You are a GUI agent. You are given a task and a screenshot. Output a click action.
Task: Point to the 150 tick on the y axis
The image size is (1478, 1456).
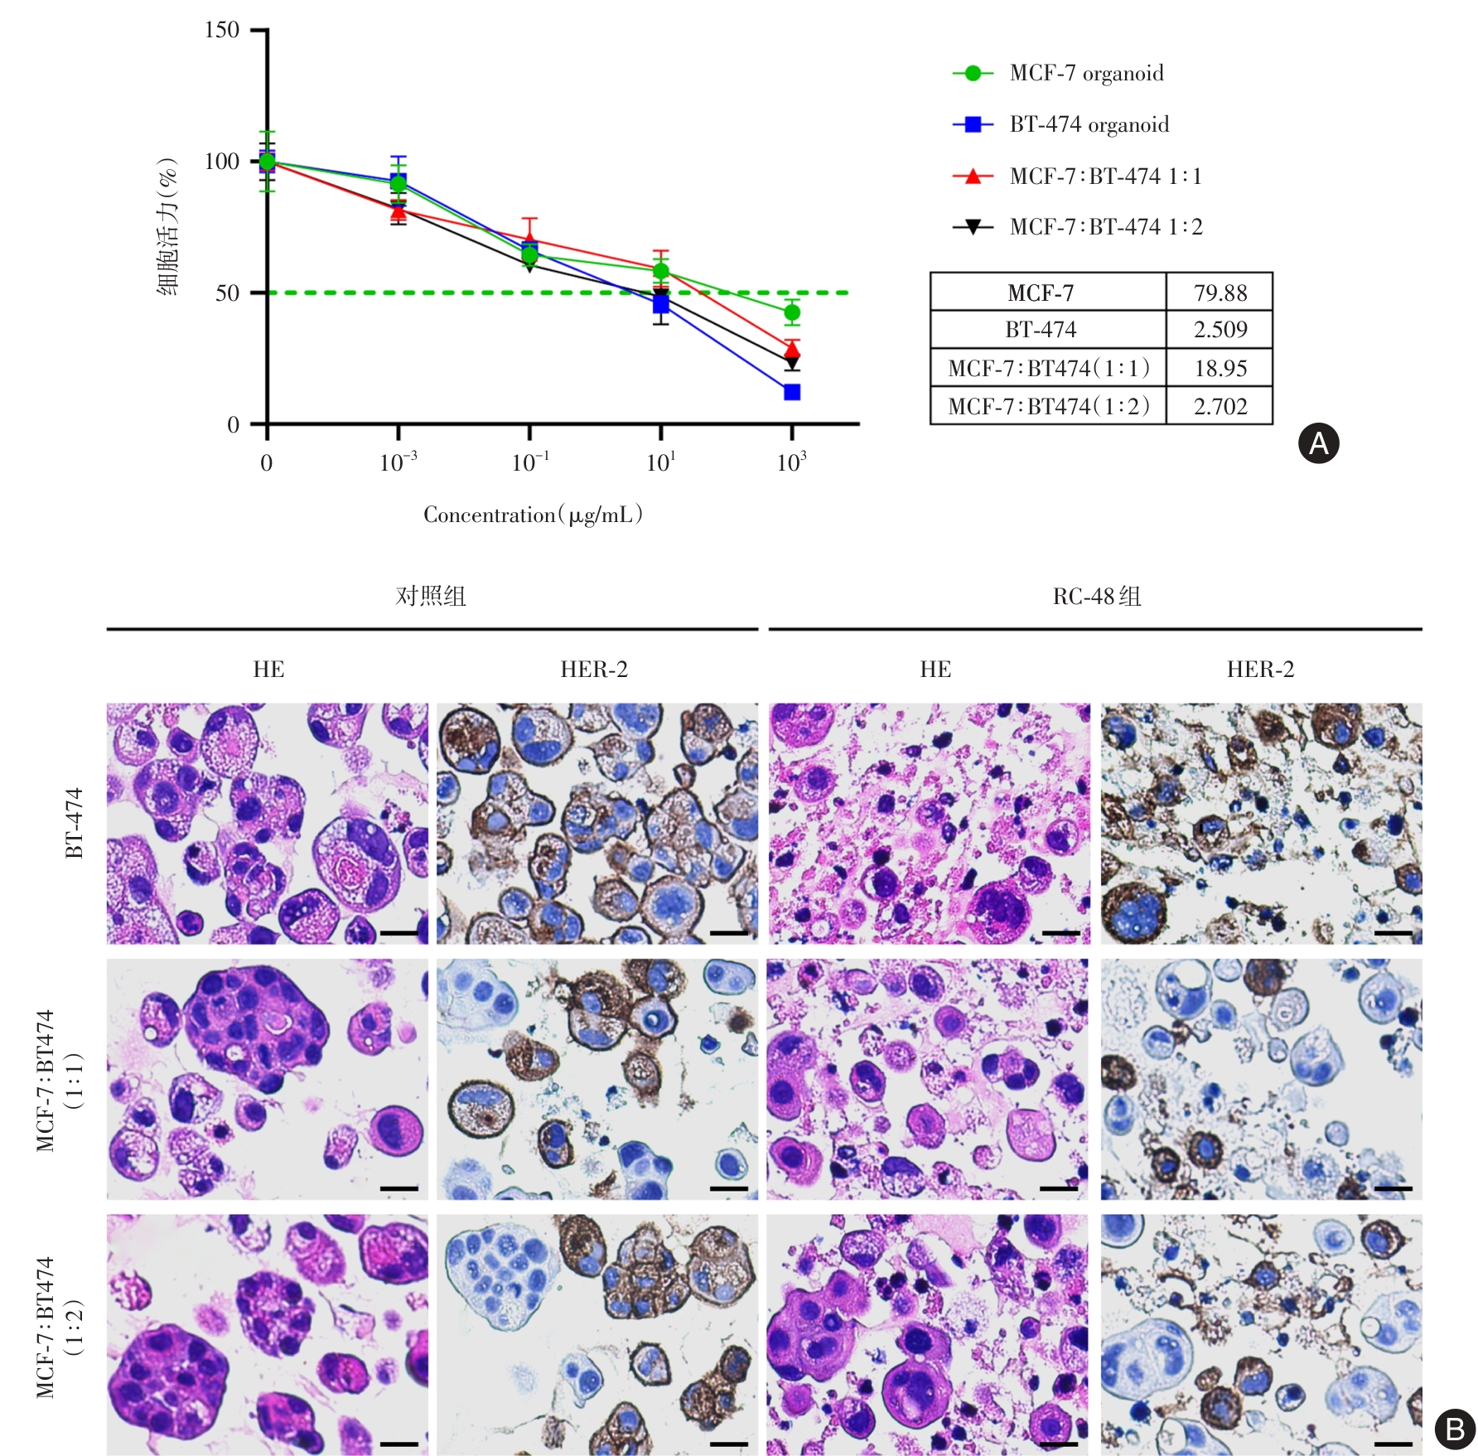point(222,31)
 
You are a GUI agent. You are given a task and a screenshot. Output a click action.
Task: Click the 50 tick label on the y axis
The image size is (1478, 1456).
point(227,293)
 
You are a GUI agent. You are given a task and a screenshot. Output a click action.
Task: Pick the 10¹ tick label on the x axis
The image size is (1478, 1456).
point(660,462)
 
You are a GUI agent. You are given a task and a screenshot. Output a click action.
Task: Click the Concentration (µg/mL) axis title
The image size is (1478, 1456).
point(533,515)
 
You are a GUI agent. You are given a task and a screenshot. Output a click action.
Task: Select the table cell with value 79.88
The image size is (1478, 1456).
point(1220,293)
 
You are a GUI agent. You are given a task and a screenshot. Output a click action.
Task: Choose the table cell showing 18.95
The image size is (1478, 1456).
point(1220,368)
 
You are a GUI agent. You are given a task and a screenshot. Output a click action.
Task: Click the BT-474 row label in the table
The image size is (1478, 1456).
point(1041,330)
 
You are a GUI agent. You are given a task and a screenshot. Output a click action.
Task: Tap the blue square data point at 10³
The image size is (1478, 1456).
point(792,392)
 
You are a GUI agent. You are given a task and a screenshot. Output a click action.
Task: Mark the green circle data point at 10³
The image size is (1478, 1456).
point(792,312)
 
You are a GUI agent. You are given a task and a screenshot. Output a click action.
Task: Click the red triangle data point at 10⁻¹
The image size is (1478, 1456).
point(529,239)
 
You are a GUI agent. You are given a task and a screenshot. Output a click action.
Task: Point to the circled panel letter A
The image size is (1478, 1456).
point(1318,443)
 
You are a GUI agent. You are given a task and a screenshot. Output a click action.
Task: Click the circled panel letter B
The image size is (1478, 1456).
point(1455,1429)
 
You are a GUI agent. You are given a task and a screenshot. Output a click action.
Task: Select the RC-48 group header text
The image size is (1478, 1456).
point(1096,597)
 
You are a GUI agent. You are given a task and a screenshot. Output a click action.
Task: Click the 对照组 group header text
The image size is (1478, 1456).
point(431,597)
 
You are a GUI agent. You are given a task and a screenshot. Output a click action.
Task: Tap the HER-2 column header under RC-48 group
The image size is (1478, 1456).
point(1260,670)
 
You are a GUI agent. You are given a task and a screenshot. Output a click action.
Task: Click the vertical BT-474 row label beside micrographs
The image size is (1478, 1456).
point(75,823)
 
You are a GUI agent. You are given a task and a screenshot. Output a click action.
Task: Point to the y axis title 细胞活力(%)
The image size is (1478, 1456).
point(168,225)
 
